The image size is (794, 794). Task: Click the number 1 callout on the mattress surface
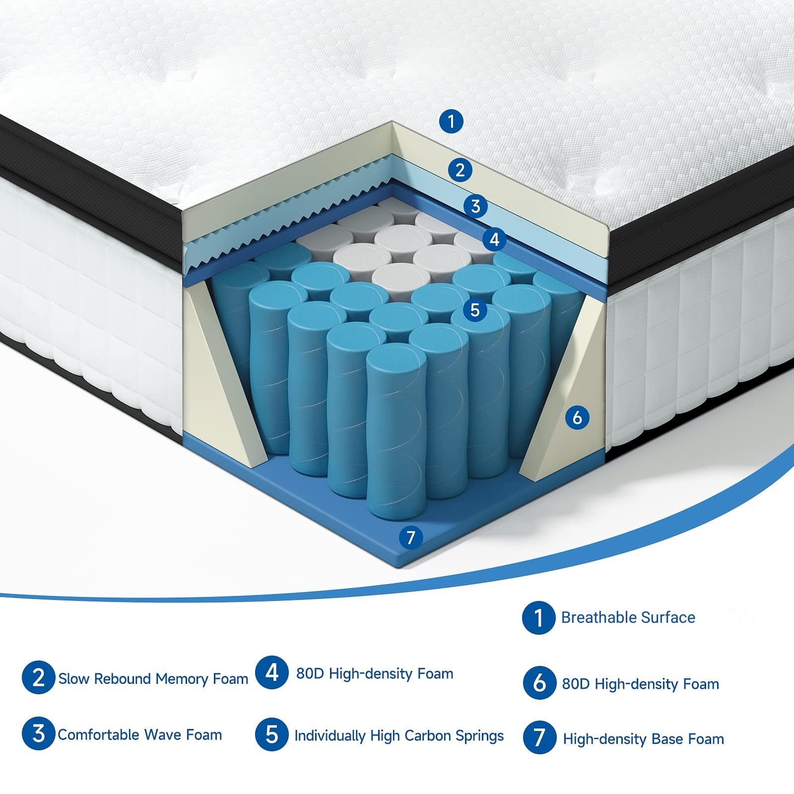coord(452,121)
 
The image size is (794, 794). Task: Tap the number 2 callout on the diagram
coord(460,170)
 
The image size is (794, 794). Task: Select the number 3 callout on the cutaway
coord(476,205)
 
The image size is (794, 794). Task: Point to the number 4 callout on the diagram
coord(494,240)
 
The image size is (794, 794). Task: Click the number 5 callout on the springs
coord(475,310)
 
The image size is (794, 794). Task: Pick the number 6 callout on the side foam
coord(577,417)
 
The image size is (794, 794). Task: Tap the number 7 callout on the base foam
coord(410,537)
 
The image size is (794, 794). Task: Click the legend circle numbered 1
coord(538,618)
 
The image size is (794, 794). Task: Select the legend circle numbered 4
coord(272,673)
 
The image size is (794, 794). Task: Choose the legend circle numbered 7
coord(539,738)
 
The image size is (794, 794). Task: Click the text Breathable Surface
coord(628,618)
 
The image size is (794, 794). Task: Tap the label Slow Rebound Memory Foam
coord(153,678)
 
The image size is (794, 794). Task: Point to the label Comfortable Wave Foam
coord(140,734)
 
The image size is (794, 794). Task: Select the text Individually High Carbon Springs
coord(399,735)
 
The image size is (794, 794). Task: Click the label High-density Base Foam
coord(644,739)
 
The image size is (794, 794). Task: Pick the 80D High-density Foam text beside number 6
coord(641,684)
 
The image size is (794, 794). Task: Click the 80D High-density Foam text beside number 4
coord(375,673)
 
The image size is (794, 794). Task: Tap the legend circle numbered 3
coord(38,734)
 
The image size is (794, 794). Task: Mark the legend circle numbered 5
coord(271,735)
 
